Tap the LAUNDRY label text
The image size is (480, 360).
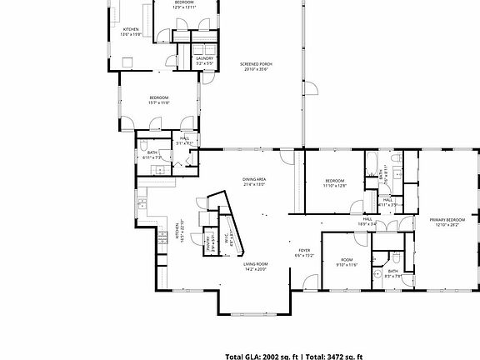tap(204, 58)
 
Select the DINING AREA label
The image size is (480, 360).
tap(254, 179)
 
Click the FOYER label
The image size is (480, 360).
tap(305, 250)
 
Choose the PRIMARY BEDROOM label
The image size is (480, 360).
tap(447, 220)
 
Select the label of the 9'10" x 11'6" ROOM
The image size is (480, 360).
tap(346, 260)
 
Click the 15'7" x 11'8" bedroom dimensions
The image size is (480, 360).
tap(159, 103)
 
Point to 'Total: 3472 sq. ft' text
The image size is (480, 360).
tap(334, 355)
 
